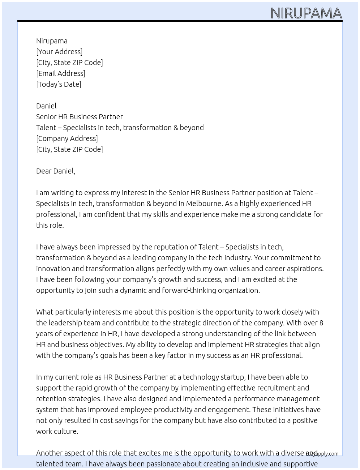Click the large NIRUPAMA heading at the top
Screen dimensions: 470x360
(306, 13)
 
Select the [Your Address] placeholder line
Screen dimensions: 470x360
(59, 52)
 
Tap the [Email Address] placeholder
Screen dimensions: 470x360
(61, 73)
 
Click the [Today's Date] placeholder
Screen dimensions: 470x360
(59, 84)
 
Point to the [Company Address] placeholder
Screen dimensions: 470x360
(67, 138)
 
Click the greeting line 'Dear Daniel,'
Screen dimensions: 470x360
(56, 171)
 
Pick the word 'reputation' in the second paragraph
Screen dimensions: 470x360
(171, 247)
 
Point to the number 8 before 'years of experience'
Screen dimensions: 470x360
(321, 323)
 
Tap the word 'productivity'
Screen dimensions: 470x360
(170, 410)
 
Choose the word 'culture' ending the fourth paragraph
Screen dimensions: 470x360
(67, 431)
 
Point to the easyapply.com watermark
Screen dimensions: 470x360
(322, 454)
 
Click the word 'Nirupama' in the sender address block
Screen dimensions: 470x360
(52, 41)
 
